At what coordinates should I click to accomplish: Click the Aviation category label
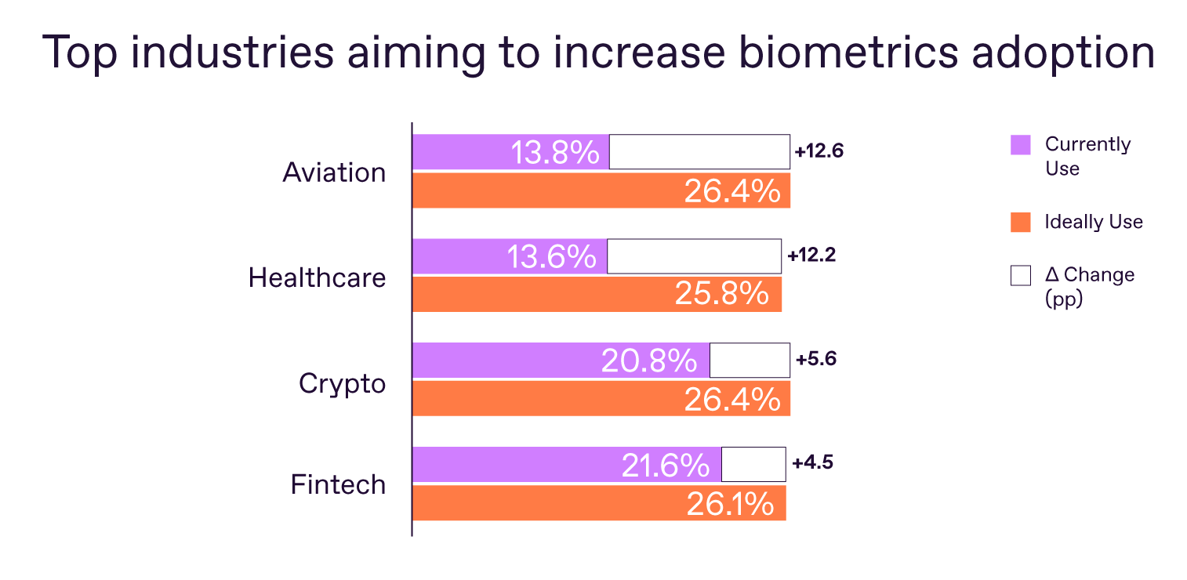click(334, 172)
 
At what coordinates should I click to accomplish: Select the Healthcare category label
click(317, 277)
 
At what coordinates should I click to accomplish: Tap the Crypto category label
click(342, 384)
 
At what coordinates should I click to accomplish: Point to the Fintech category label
click(338, 484)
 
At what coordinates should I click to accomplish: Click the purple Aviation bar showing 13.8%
click(510, 151)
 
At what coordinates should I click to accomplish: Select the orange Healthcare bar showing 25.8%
click(597, 294)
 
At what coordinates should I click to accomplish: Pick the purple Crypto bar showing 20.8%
click(561, 361)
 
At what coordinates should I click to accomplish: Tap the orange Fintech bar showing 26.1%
click(599, 503)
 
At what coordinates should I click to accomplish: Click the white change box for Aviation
click(699, 151)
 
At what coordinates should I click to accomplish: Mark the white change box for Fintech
click(753, 464)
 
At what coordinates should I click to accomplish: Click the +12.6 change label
click(819, 151)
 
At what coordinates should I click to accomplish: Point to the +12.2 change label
click(811, 255)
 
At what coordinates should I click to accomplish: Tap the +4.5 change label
click(812, 462)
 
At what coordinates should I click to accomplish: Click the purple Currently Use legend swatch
click(1020, 145)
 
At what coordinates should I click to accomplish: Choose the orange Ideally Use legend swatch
click(1020, 223)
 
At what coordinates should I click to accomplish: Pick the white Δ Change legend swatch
click(1020, 276)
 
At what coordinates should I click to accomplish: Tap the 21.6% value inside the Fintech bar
click(665, 466)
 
